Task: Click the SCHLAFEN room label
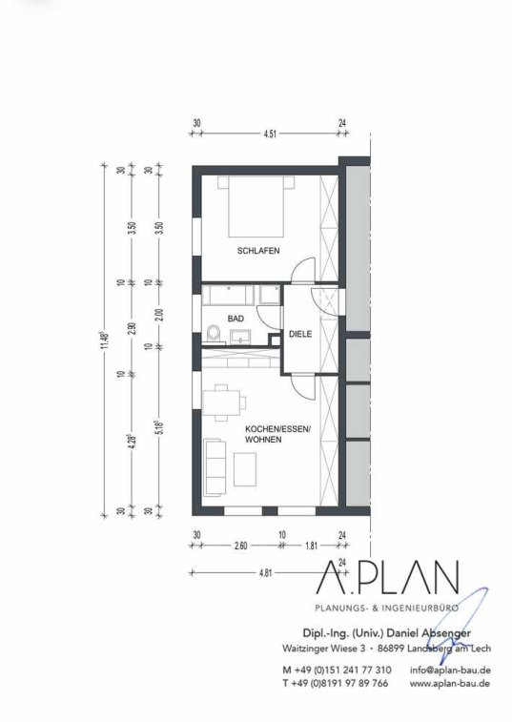point(258,251)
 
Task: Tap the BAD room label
point(236,319)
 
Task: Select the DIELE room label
point(300,334)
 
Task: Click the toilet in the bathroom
point(214,334)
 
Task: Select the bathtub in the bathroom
point(229,295)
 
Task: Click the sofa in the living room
point(215,467)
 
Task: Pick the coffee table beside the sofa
point(245,469)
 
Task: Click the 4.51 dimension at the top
point(270,134)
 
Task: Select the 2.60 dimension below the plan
point(240,547)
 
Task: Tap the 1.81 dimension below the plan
point(312,547)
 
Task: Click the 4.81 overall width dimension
point(266,573)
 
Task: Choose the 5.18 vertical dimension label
point(159,427)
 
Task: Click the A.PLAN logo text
point(388,577)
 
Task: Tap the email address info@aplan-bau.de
point(450,670)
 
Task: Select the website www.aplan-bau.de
point(450,684)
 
